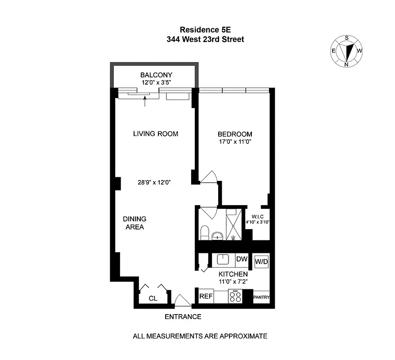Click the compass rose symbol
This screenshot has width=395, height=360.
347,51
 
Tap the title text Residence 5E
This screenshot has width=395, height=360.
205,29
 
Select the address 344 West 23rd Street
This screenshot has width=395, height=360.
205,40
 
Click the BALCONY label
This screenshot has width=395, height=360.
156,75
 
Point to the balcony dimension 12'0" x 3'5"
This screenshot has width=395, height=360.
156,82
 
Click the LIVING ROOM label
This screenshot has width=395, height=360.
156,134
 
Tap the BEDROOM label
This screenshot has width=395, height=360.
235,134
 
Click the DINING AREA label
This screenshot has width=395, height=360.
135,223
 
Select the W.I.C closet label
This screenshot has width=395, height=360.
258,216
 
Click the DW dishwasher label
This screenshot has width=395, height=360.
241,259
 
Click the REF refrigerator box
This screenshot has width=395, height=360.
206,297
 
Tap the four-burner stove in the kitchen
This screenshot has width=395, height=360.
235,297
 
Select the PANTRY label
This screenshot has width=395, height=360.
261,297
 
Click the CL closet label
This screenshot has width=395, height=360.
153,298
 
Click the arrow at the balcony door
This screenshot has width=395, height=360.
145,102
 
